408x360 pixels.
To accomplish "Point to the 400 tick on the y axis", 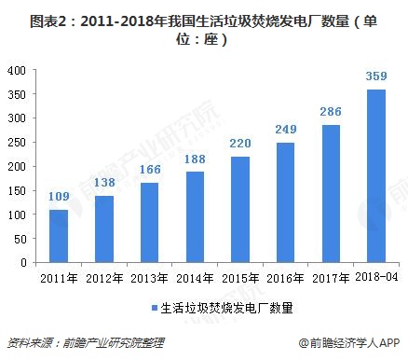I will click(x=17, y=71).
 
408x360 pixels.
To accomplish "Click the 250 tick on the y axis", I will click(x=17, y=143).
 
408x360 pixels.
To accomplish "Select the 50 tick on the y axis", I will click(x=20, y=239).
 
